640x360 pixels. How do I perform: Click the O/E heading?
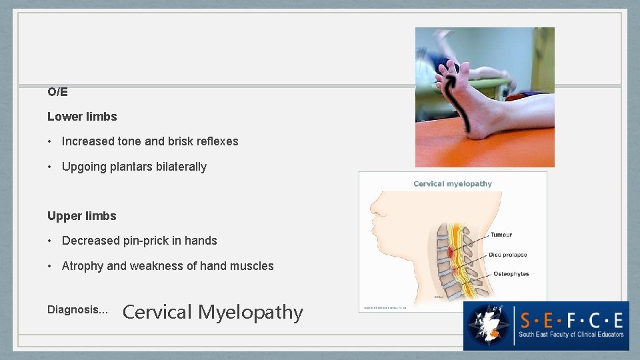click(57, 92)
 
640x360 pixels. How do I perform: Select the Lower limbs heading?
click(82, 117)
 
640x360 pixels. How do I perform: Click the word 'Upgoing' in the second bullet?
click(83, 167)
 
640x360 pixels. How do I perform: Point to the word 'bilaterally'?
click(181, 167)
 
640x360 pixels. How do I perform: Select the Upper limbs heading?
click(82, 216)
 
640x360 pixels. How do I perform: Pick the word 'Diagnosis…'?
click(77, 310)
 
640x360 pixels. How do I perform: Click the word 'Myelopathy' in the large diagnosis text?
click(250, 312)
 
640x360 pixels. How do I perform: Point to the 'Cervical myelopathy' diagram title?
click(453, 184)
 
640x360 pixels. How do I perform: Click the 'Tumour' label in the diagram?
click(501, 235)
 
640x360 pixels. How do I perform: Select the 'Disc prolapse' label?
click(508, 255)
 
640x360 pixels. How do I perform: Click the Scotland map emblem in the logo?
click(489, 325)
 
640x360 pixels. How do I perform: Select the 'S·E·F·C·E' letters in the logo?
click(571, 317)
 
